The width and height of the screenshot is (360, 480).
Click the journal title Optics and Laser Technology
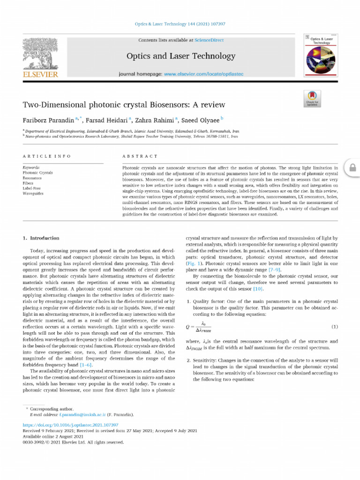[x=180, y=56]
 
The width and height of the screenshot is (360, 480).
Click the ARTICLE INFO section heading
[x=46, y=156]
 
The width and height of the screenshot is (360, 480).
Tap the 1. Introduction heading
[x=41, y=238]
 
